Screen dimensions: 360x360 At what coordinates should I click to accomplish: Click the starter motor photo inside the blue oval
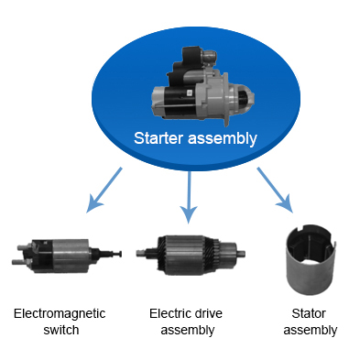tap(203, 86)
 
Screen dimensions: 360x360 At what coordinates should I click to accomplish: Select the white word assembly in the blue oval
tap(223, 139)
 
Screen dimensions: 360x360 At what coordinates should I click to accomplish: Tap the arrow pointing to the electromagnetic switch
tap(104, 190)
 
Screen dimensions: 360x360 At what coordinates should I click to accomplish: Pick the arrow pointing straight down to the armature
tap(189, 197)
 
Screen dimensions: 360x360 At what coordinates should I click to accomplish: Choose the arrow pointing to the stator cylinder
tap(275, 190)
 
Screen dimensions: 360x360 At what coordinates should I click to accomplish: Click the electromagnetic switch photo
tap(67, 256)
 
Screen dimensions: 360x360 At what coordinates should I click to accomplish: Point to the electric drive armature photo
tap(191, 255)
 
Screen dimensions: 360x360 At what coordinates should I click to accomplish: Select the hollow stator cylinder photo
tap(311, 260)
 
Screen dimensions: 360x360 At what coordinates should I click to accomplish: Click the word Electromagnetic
tap(60, 313)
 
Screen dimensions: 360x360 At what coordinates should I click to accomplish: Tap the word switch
tap(61, 330)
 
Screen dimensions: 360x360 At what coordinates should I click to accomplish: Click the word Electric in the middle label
tap(169, 313)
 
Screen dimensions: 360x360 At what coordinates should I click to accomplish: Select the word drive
tap(207, 313)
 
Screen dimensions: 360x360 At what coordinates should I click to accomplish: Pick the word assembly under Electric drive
tap(188, 331)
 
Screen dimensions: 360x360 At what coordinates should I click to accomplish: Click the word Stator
tap(309, 313)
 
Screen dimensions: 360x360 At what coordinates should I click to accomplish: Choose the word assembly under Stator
tap(311, 331)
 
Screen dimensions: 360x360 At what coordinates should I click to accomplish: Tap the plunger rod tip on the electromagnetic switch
tap(120, 254)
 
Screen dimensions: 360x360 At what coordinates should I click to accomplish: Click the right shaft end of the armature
tap(243, 253)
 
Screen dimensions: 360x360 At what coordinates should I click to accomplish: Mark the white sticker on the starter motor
tap(189, 93)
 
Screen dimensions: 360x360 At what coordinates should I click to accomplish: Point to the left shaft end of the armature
tap(139, 253)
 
